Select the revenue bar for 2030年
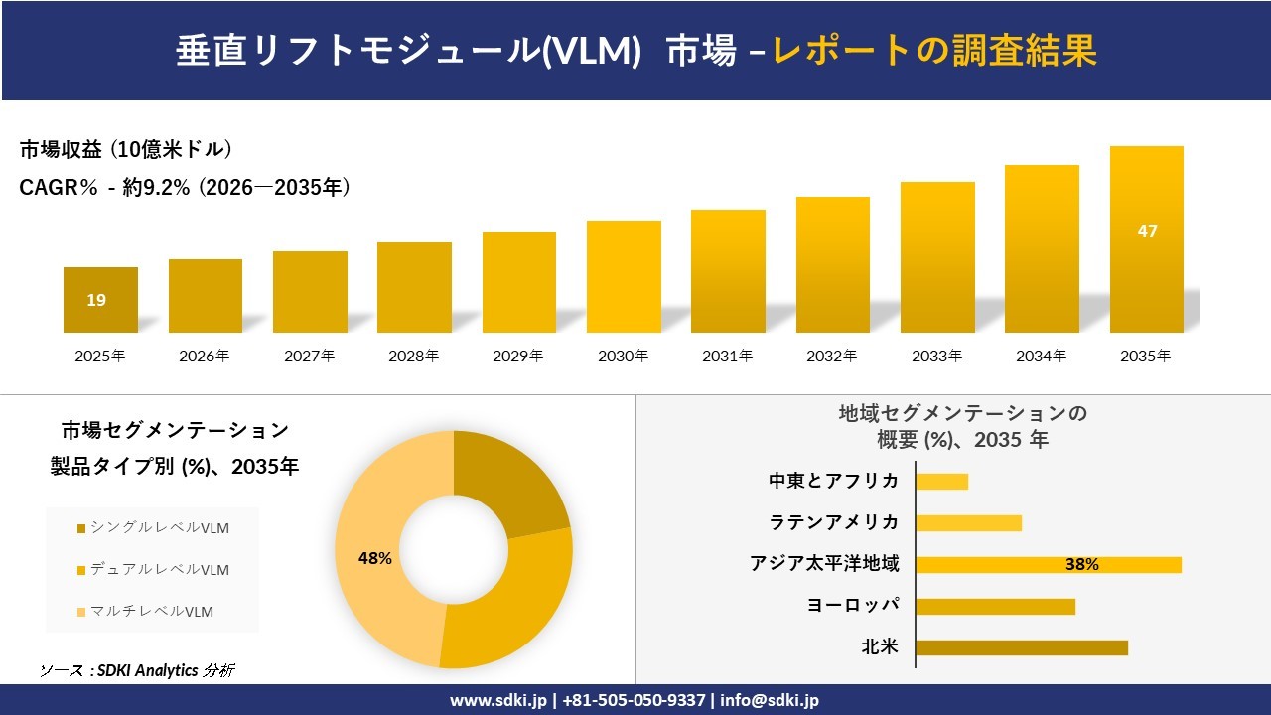(x=624, y=277)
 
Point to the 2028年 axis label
(x=414, y=356)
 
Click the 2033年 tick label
(x=937, y=356)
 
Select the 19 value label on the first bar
(x=96, y=300)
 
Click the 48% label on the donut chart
(x=375, y=558)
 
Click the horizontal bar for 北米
(x=1022, y=647)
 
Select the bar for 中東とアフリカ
(x=942, y=482)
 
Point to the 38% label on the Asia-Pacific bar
(x=1081, y=564)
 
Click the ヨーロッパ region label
(x=855, y=606)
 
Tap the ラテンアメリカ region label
(x=834, y=522)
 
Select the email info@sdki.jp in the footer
(x=770, y=700)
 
